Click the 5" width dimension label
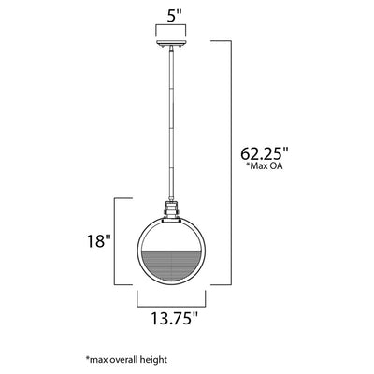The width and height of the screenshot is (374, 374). tap(174, 17)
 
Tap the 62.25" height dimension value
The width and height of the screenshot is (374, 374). tap(265, 153)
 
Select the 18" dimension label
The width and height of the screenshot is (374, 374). tap(99, 241)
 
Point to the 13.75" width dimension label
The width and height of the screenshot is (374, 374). tap(175, 318)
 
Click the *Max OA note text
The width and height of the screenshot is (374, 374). tap(265, 165)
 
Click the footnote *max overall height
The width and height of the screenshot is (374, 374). tap(126, 360)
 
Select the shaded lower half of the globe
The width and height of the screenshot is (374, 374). tap(171, 265)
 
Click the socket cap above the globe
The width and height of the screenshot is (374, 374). tap(171, 210)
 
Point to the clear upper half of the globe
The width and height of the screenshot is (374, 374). tap(171, 236)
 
